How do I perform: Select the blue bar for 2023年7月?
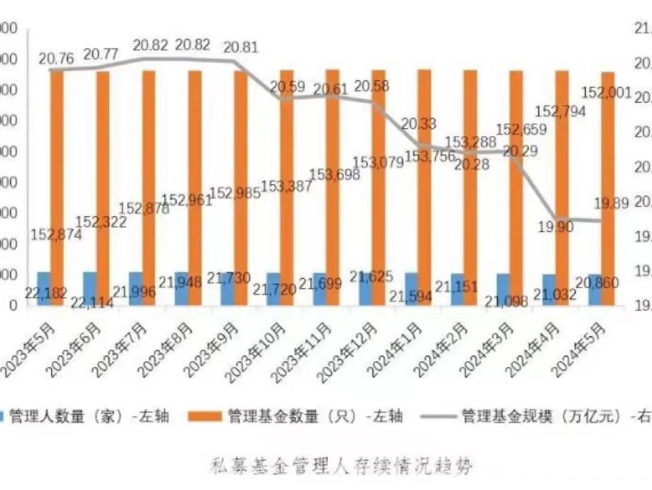(x=135, y=288)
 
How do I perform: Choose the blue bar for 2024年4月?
(x=548, y=289)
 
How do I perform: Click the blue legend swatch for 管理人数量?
(x=4, y=415)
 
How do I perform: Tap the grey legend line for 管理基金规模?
(x=434, y=415)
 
